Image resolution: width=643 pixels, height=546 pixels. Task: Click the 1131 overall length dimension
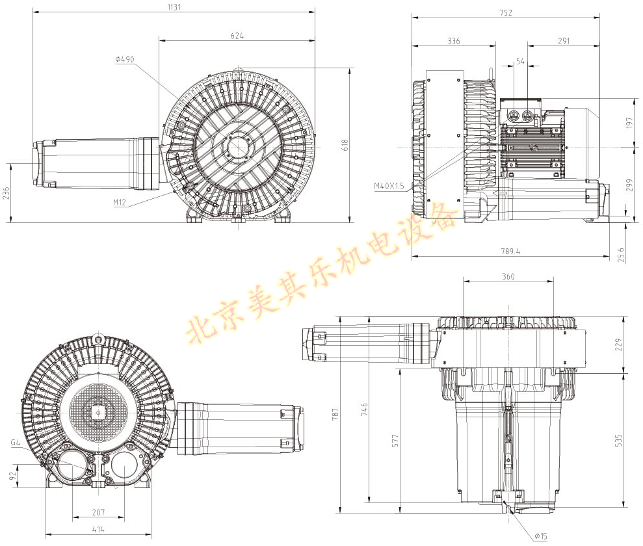173,7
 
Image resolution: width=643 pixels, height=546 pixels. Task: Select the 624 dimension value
237,36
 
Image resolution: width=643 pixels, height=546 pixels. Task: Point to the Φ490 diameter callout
124,59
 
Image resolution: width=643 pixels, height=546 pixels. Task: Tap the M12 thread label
120,202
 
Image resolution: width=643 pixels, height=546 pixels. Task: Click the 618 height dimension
345,143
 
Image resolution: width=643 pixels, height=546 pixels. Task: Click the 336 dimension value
454,41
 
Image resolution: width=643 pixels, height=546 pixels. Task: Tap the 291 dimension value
564,41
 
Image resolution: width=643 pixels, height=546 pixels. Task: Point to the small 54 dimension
520,60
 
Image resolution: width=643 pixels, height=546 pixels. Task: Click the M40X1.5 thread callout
389,186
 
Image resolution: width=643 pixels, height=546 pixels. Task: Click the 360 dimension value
508,276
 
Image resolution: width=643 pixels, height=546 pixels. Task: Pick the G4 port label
16,443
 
